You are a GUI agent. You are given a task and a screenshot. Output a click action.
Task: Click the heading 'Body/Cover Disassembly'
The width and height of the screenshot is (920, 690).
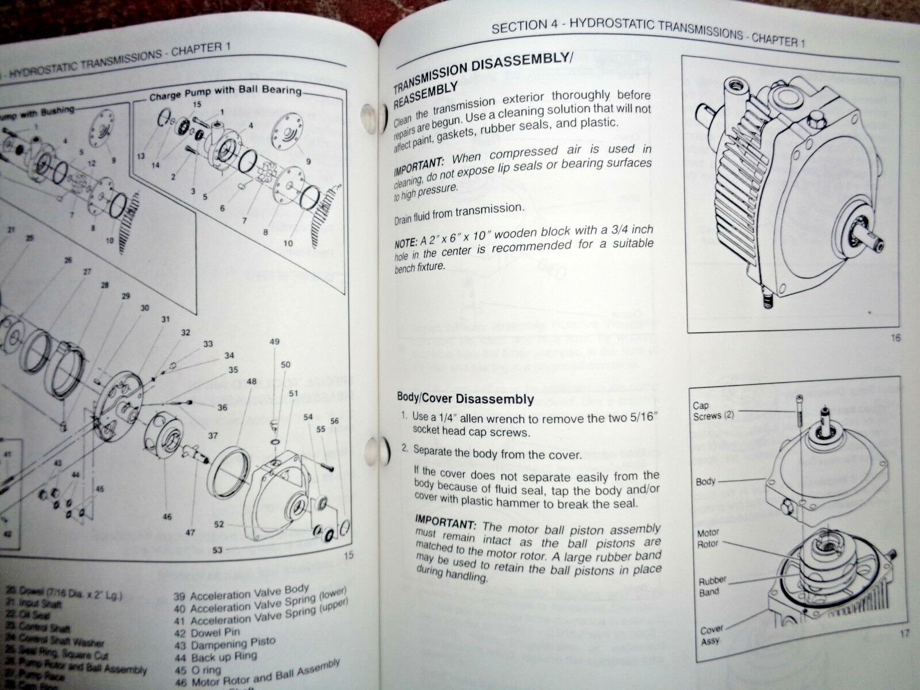[465, 398]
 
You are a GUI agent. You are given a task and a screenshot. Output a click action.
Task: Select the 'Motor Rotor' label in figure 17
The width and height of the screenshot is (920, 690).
[708, 538]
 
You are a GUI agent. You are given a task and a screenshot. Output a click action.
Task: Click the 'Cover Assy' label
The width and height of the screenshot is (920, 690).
[711, 635]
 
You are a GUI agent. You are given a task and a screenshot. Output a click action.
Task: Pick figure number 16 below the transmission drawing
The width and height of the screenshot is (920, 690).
[895, 338]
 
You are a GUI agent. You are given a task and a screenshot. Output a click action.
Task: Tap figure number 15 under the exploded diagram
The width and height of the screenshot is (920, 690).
[348, 555]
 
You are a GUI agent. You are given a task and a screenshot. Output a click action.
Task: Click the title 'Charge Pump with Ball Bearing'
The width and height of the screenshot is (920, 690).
[225, 93]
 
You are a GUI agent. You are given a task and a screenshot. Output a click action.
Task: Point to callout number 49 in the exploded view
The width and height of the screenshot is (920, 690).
[274, 342]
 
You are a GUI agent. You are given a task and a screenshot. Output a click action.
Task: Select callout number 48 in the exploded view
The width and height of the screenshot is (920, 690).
[251, 381]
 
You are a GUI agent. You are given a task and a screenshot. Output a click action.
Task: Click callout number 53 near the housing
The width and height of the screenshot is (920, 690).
[217, 550]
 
